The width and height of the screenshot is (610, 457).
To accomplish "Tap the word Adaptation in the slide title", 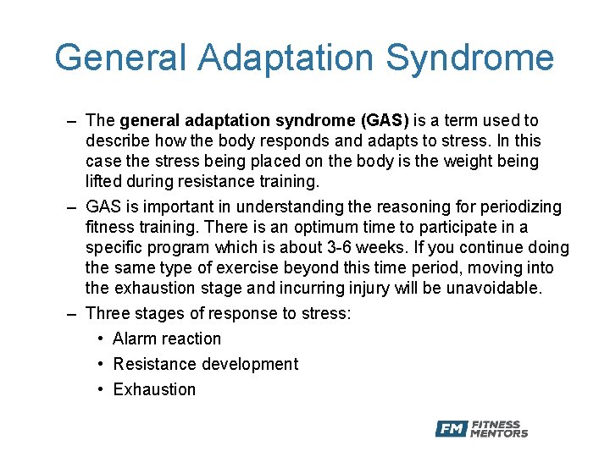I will pyautogui.click(x=286, y=59).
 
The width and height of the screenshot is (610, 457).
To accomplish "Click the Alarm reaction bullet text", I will pyautogui.click(x=167, y=339).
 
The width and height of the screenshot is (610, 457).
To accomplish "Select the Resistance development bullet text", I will pyautogui.click(x=205, y=365).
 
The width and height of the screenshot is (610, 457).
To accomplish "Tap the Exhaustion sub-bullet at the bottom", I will pyautogui.click(x=154, y=390).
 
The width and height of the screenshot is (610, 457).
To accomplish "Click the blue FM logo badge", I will pyautogui.click(x=452, y=429).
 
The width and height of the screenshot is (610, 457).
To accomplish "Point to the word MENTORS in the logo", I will pyautogui.click(x=500, y=434).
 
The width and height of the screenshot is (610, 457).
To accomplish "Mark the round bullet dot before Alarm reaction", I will pyautogui.click(x=101, y=339).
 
